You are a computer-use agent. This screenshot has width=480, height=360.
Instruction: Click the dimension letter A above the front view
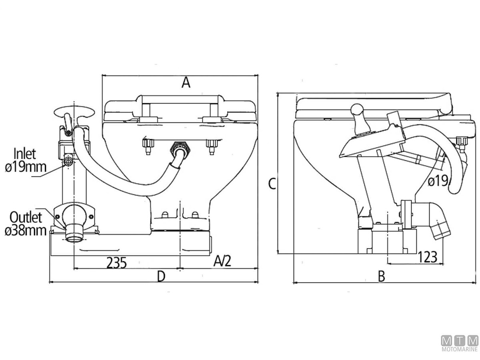pos(185,83)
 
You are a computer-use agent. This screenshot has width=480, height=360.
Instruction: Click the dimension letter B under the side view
pos(381,276)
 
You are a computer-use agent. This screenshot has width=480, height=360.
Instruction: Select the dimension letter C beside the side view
pos(272,184)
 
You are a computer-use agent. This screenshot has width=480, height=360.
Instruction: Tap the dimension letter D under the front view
pos(161,276)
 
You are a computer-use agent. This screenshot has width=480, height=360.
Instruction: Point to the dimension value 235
pos(117,263)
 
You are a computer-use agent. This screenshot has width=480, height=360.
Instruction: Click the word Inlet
pos(25,153)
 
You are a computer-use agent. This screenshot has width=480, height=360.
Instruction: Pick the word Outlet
pos(26,218)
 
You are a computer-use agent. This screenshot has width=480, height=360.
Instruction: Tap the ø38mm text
pos(26,231)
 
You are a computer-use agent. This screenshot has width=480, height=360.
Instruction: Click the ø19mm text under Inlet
pos(26,166)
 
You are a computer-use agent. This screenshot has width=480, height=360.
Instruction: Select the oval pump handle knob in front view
pos(75,110)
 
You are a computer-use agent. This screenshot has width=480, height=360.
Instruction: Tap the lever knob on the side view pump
pos(356,109)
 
